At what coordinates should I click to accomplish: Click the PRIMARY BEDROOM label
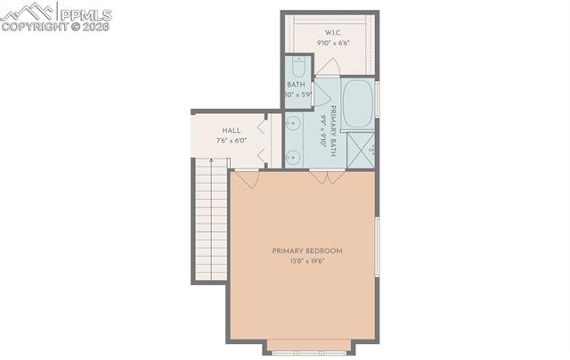click(x=306, y=251)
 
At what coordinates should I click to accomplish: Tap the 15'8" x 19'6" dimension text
click(x=306, y=261)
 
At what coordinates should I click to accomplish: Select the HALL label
click(x=218, y=131)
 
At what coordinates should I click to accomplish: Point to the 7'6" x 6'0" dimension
click(x=218, y=141)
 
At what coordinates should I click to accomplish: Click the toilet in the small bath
click(x=298, y=67)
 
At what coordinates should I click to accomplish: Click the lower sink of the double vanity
click(x=292, y=156)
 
